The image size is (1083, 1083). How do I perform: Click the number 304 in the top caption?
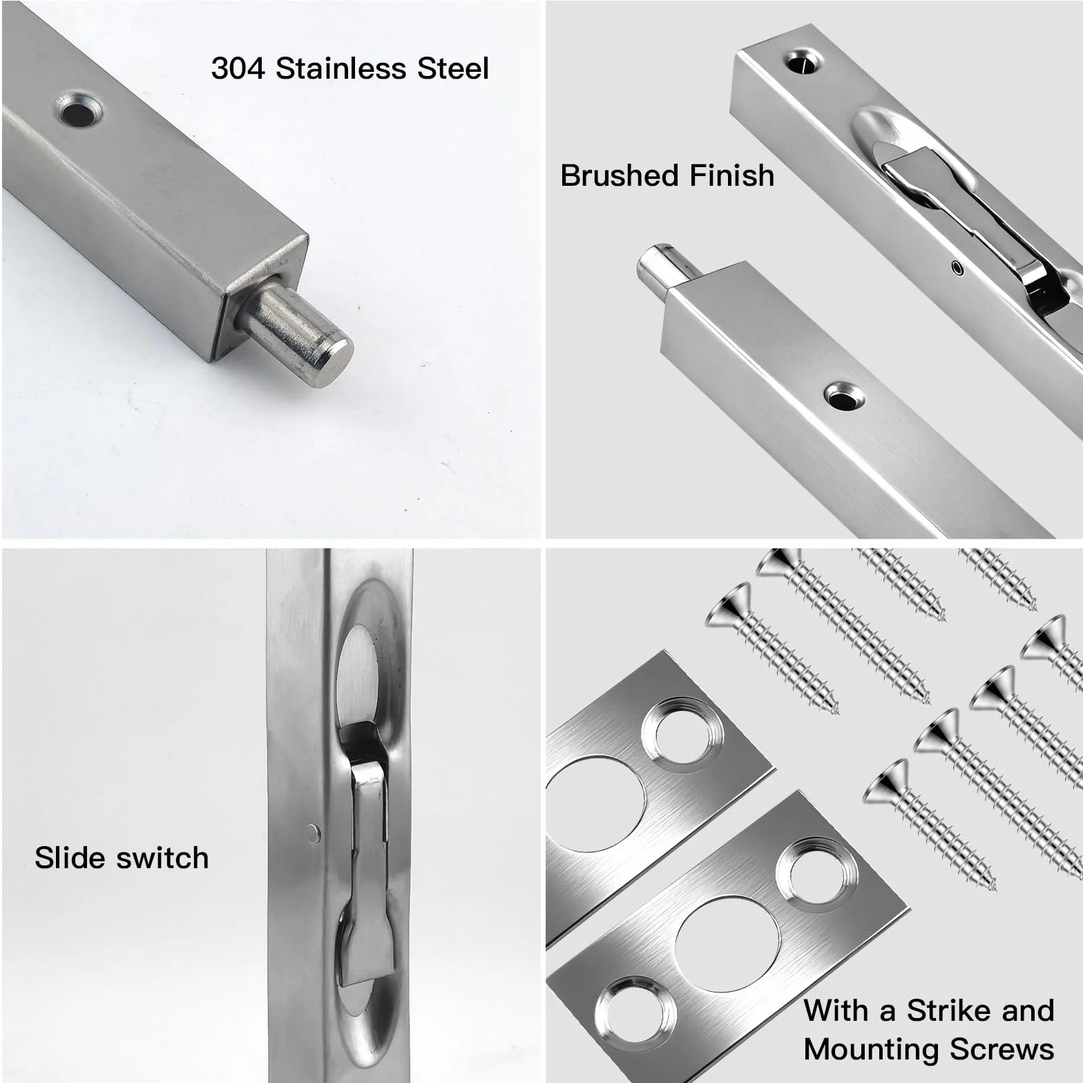coord(238,69)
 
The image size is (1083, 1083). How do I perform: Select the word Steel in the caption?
coord(453,69)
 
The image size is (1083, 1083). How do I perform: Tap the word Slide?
coord(70,858)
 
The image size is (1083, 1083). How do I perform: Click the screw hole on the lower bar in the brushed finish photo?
coord(843,397)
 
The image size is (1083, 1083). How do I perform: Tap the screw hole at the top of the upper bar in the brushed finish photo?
coord(805,62)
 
